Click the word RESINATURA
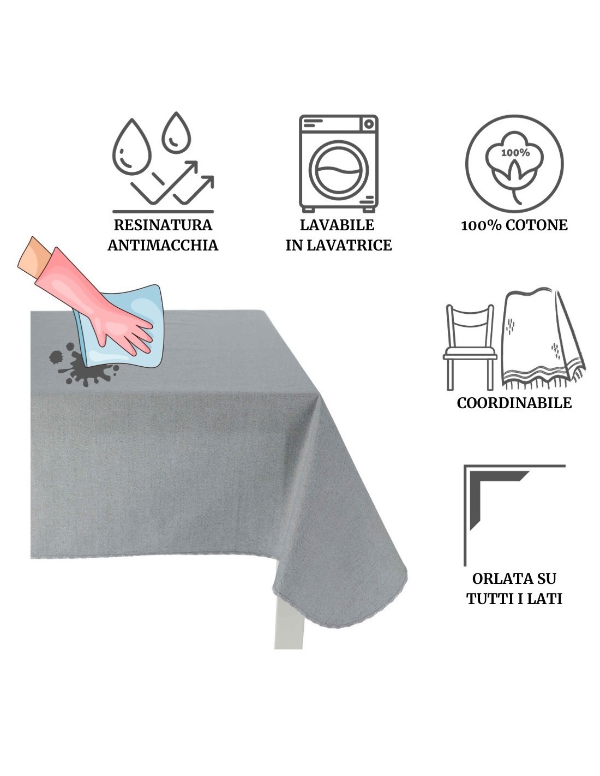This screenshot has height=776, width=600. click(x=163, y=225)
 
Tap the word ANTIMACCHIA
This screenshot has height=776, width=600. click(x=163, y=245)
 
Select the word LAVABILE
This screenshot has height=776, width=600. click(x=337, y=225)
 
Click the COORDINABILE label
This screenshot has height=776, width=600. click(x=514, y=403)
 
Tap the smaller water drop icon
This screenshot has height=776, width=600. click(x=176, y=133)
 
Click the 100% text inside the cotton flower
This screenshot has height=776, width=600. click(x=515, y=153)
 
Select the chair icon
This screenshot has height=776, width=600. click(x=470, y=347)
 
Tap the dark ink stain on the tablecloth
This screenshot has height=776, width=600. click(x=83, y=366)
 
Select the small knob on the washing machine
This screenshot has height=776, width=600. click(x=369, y=124)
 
